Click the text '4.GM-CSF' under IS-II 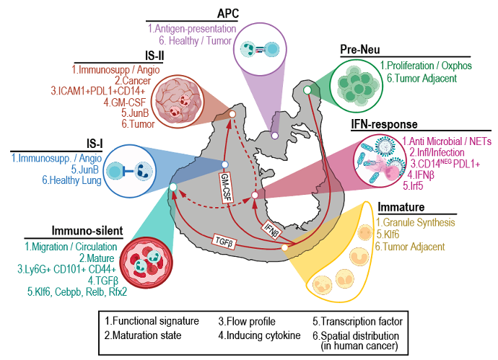point(124,102)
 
